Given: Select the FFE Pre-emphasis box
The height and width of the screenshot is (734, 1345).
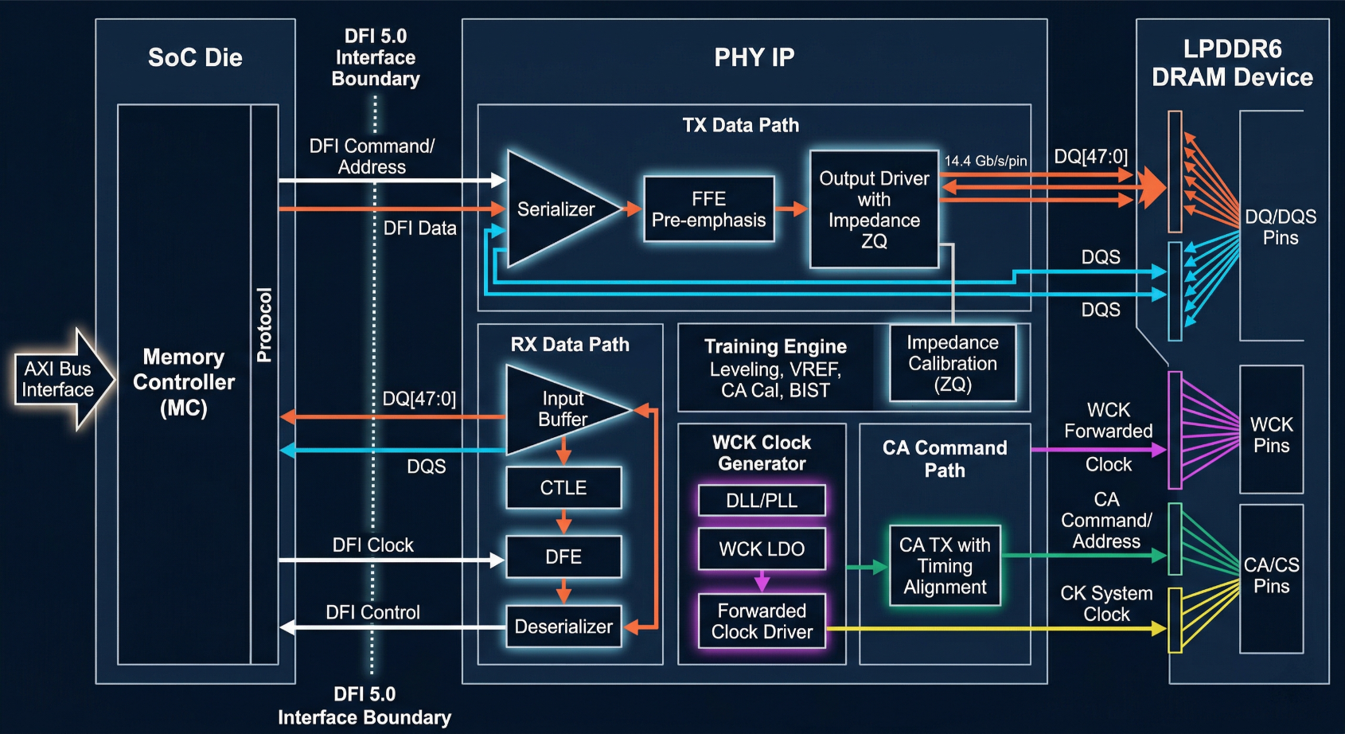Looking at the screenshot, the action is click(708, 209).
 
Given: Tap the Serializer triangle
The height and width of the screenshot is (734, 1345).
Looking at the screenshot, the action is click(559, 209).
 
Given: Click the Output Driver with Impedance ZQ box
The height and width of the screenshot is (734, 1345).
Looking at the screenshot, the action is click(874, 209).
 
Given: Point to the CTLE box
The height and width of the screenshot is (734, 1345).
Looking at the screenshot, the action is click(563, 487).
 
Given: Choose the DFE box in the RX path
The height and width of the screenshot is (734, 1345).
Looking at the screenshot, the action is click(563, 556).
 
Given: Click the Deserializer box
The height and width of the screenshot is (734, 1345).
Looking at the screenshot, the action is click(563, 626).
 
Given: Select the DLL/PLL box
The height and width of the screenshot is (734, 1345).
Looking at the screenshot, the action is click(762, 500).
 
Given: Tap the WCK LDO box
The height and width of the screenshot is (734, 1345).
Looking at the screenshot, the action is click(762, 549).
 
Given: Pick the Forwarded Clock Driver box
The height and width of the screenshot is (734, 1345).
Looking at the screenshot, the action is click(762, 621).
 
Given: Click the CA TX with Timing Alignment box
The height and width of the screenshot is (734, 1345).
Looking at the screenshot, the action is click(945, 565).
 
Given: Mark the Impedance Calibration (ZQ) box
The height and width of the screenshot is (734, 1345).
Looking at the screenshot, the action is click(953, 363).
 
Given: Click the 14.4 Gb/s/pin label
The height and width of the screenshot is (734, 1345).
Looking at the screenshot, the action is click(985, 161).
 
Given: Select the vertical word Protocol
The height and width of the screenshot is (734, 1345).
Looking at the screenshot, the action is click(264, 325).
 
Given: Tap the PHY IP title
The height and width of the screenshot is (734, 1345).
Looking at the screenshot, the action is click(754, 57).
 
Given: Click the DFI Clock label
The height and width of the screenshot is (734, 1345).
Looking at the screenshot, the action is click(373, 545).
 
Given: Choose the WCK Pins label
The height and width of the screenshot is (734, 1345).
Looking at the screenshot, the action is click(1271, 435).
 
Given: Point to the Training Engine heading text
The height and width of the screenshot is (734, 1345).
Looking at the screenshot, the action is click(775, 346).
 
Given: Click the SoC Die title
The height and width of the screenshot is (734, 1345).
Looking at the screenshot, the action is click(195, 57).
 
